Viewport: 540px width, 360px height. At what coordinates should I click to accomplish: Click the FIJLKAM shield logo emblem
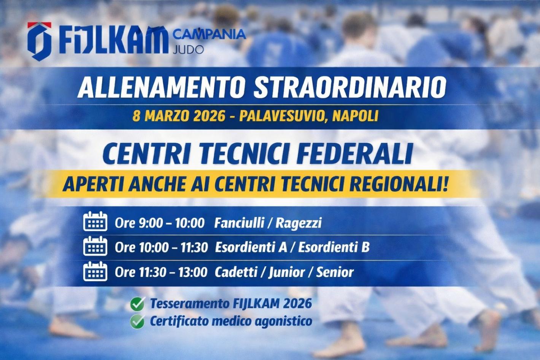point(39,41)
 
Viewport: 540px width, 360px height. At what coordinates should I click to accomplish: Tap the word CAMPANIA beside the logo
point(209,34)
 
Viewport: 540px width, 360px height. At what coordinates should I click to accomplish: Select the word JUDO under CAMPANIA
point(188,49)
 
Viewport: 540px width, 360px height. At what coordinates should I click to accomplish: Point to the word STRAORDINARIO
point(349,87)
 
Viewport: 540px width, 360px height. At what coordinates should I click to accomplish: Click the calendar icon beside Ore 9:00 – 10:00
point(95,222)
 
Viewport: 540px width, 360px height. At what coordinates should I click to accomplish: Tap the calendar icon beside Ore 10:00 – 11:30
point(95,247)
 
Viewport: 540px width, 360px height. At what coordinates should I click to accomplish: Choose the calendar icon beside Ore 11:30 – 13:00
point(95,272)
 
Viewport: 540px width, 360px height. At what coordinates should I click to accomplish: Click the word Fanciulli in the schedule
point(238,223)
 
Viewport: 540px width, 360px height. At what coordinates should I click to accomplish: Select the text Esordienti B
point(334,248)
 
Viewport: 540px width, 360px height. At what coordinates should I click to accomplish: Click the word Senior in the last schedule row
point(335,272)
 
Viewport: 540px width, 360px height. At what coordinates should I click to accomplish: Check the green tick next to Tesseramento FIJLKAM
point(137,304)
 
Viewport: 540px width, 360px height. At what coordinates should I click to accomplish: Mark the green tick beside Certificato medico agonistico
point(137,322)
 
